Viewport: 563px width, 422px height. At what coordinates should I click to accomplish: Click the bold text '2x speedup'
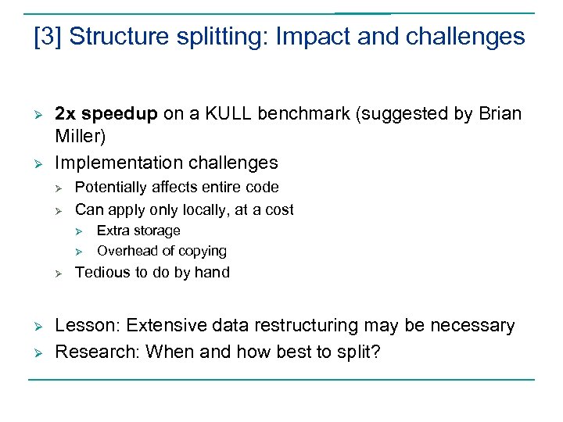106,114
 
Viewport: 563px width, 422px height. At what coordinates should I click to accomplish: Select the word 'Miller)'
80,137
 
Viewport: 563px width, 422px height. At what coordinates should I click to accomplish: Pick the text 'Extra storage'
138,231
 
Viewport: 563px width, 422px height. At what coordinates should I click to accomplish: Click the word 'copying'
202,251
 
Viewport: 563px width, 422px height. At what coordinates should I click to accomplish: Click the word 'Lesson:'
86,325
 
